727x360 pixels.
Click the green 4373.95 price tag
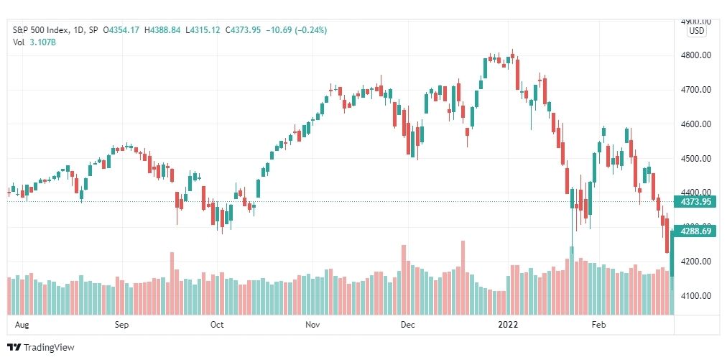pos(695,202)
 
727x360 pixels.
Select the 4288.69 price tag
pos(695,231)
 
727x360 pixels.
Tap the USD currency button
pos(696,32)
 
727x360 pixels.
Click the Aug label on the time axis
pos(22,325)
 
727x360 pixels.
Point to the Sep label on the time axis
pos(121,325)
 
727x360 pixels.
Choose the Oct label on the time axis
pos(217,325)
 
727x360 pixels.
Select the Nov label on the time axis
pos(313,325)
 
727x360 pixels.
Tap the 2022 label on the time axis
pos(509,325)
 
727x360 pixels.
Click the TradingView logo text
pos(49,348)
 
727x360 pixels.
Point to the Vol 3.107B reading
pos(34,42)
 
